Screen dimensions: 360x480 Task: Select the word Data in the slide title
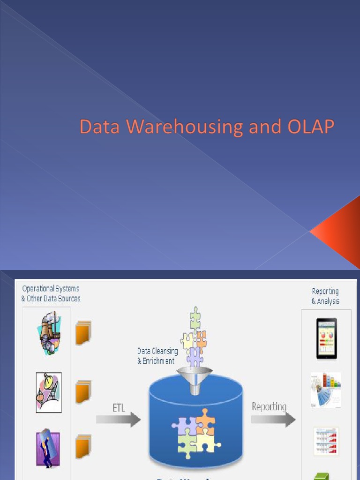[96, 127]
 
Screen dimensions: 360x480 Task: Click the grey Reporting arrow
[273, 419]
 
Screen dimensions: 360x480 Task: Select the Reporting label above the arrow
[269, 406]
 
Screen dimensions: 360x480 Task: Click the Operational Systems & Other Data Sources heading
[51, 293]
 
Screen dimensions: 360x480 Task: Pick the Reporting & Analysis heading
[325, 296]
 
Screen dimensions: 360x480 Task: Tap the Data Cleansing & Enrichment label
[157, 356]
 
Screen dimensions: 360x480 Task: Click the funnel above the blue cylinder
[195, 375]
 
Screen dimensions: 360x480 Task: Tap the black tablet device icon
[326, 338]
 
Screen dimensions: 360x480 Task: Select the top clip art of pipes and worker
[49, 334]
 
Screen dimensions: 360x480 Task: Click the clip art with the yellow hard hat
[49, 392]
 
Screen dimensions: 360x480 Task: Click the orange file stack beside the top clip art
[83, 332]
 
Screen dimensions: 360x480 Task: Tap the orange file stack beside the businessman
[83, 447]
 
